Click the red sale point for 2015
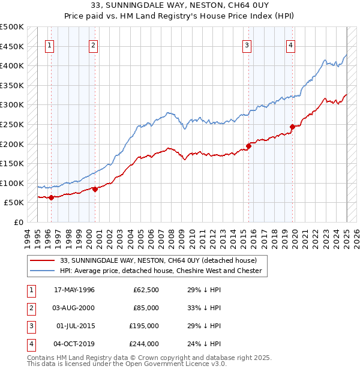249,146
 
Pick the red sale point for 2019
293,127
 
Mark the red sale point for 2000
95,189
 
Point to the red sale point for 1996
51,197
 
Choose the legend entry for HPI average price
161,271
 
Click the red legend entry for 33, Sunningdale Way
158,260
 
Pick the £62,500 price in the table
146,290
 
